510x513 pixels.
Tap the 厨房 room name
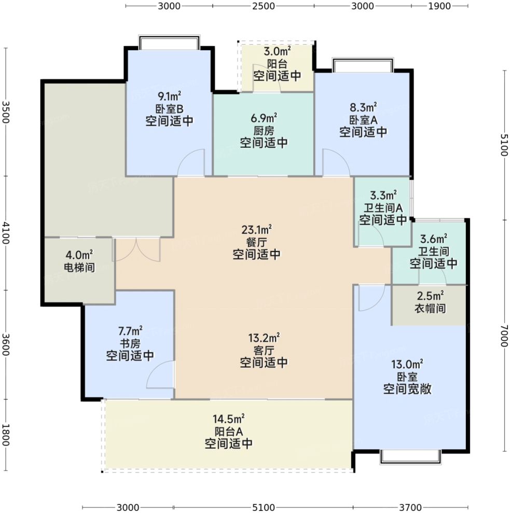(x=264, y=131)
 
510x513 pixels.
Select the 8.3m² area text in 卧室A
(x=363, y=107)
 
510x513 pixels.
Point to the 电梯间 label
(x=79, y=267)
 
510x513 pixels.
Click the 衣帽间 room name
(x=430, y=308)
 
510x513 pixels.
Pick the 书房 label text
(x=130, y=343)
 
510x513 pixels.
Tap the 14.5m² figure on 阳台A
(x=228, y=419)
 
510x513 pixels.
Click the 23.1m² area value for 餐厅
(x=256, y=230)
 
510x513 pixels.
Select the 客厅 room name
(x=264, y=351)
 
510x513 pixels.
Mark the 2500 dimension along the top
(x=264, y=6)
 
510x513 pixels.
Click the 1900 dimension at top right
(x=439, y=6)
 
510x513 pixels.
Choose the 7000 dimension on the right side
(x=504, y=336)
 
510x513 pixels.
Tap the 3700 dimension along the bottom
(x=410, y=507)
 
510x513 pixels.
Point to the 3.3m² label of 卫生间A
(x=383, y=196)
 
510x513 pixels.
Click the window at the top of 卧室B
(x=169, y=42)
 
